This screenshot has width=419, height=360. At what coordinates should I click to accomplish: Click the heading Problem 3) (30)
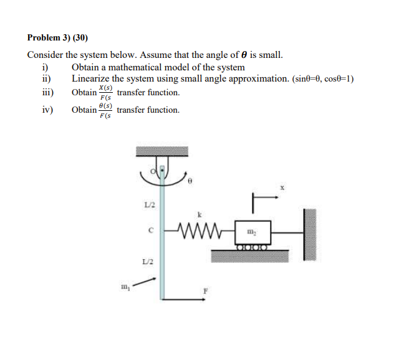62,37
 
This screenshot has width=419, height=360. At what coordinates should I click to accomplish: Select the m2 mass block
252,232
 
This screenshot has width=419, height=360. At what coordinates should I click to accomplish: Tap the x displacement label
282,186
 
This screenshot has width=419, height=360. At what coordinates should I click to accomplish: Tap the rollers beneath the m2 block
252,247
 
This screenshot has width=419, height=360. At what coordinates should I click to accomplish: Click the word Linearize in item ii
90,79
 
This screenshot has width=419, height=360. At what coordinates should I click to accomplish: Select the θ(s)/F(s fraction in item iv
106,111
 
